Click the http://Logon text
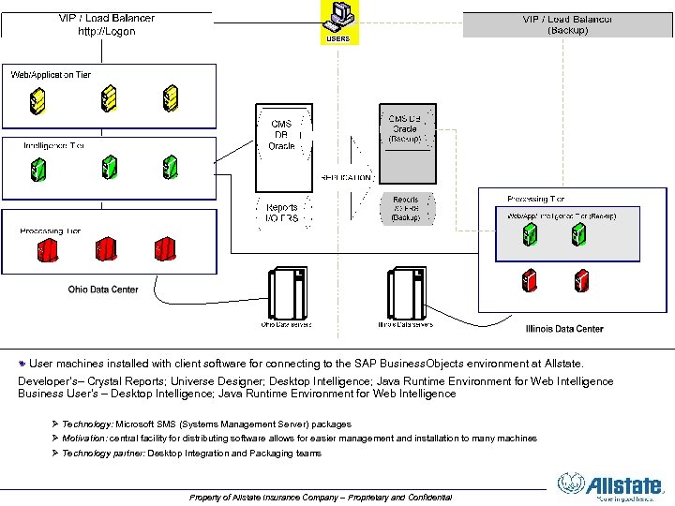point(106,31)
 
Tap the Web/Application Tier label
point(51,74)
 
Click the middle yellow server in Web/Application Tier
point(109,97)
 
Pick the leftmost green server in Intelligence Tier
point(38,169)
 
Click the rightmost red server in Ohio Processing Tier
point(166,249)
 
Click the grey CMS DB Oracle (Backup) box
point(406,131)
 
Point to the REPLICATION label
point(346,176)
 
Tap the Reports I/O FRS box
point(282,213)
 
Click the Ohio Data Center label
point(103,290)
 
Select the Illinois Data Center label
point(564,329)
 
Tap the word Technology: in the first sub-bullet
point(88,424)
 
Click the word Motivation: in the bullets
point(85,439)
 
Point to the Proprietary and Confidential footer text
point(320,497)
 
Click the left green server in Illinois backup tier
point(530,234)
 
